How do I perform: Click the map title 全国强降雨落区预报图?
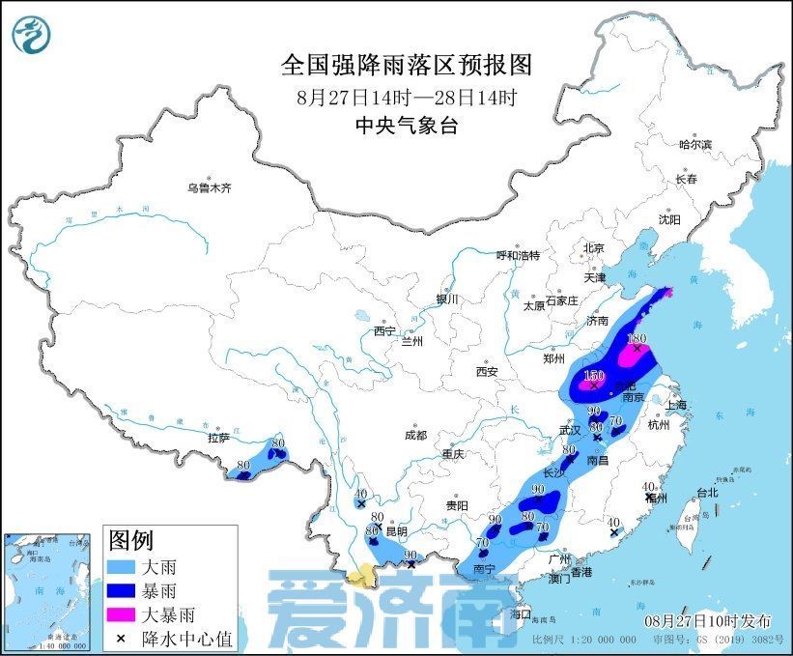(407, 66)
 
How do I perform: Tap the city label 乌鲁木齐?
(210, 188)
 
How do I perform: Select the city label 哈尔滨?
(694, 144)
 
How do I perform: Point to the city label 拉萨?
(218, 438)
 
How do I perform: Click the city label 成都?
(416, 435)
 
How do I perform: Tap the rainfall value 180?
(636, 339)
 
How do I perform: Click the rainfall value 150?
(594, 375)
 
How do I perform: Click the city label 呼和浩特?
(518, 255)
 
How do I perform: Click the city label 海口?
(522, 613)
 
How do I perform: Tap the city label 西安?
(486, 371)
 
